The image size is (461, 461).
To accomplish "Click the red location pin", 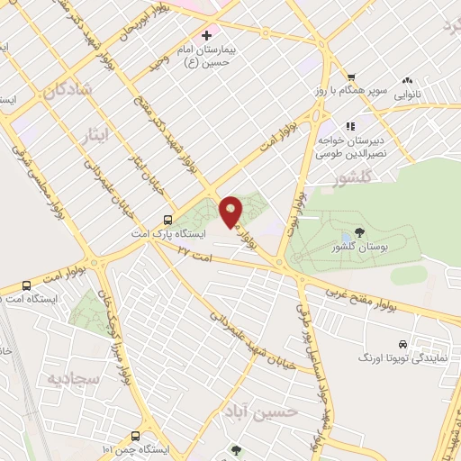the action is pos(231,210).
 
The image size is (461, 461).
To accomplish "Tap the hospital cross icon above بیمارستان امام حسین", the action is pos(207,35).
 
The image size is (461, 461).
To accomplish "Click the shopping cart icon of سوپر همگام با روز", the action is pos(352,77).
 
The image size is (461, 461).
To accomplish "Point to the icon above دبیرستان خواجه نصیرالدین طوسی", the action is pos(350,126).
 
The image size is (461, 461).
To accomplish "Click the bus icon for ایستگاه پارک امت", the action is pos(168,220).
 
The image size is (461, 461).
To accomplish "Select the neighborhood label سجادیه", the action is pos(70,377).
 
